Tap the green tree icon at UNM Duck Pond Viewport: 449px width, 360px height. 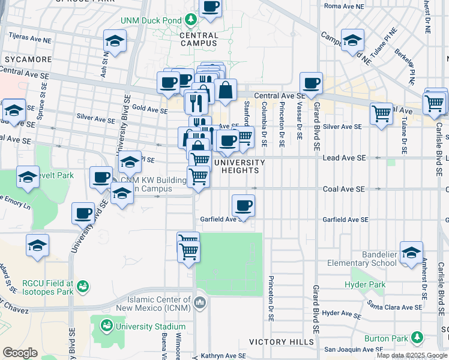click(x=191, y=20)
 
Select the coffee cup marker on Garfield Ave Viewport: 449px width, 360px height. click(x=243, y=206)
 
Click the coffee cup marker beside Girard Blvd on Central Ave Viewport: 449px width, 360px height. click(x=311, y=83)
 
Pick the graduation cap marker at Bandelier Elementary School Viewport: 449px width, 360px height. click(x=411, y=253)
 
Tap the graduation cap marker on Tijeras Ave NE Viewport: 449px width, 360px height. click(x=115, y=41)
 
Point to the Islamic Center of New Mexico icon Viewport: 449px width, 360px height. click(x=200, y=301)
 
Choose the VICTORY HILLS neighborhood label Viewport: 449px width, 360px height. click(x=282, y=342)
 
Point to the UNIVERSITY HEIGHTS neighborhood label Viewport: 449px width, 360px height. click(x=240, y=167)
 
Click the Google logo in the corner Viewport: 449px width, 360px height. click(x=20, y=353)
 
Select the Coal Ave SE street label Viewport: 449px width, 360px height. click(x=344, y=189)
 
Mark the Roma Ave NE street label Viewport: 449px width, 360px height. click(x=344, y=6)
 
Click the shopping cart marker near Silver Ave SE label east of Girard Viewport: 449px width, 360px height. click(x=382, y=114)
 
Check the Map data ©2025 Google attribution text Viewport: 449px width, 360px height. click(x=412, y=355)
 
